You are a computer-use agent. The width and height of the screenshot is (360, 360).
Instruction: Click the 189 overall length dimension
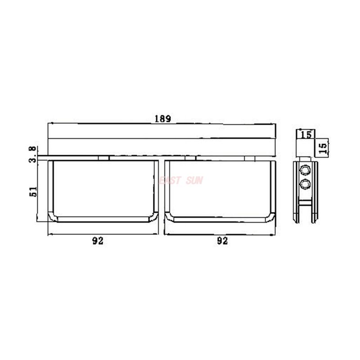[x=162, y=119]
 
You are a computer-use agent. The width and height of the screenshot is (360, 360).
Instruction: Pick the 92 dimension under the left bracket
[x=98, y=241]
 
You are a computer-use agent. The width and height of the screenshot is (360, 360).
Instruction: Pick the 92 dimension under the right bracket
[x=222, y=241]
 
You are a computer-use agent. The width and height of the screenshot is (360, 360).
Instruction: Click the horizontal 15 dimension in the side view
[x=306, y=134]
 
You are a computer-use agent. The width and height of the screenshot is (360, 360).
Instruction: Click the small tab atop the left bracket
[x=103, y=158]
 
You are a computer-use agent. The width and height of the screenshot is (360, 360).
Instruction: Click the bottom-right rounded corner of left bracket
[x=154, y=217]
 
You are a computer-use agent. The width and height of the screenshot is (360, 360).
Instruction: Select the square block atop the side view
[x=306, y=146]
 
